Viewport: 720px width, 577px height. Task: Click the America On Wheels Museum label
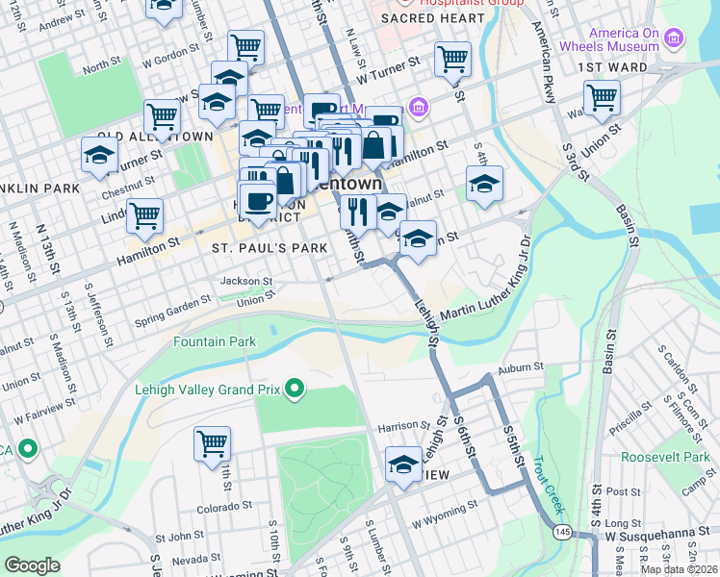tap(624, 39)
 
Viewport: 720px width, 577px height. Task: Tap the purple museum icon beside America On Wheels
tap(673, 39)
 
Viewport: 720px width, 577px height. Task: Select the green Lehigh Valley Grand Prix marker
tap(295, 389)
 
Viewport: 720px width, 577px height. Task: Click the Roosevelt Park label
tap(664, 457)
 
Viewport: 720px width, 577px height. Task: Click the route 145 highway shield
tap(560, 532)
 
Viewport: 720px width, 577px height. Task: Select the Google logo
tap(32, 564)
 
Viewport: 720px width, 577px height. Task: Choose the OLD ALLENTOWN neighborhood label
tap(154, 138)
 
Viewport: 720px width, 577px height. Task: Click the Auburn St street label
tap(520, 366)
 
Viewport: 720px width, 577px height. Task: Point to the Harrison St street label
tap(402, 425)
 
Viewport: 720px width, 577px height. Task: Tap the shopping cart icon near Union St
tap(601, 96)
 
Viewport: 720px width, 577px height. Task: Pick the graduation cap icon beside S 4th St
tap(484, 183)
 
